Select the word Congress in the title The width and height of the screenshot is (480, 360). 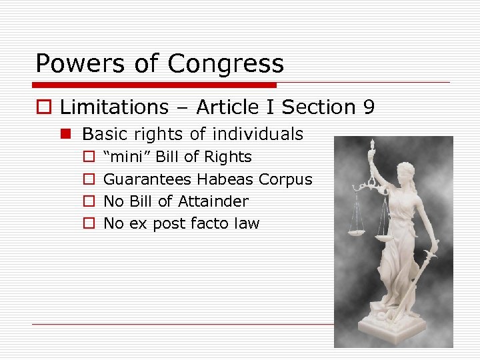226,64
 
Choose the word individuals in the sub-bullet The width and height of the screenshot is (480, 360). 257,134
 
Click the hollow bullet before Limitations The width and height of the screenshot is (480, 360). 43,107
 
